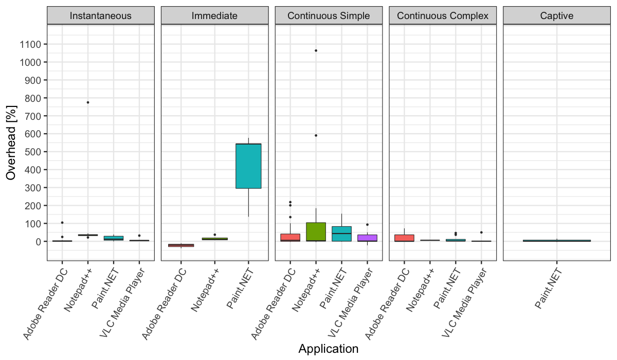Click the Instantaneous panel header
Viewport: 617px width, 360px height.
pyautogui.click(x=100, y=15)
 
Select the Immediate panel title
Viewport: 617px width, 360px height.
pyautogui.click(x=214, y=15)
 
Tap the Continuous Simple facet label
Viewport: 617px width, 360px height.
pyautogui.click(x=329, y=15)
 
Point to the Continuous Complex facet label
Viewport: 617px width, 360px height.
pyautogui.click(x=443, y=15)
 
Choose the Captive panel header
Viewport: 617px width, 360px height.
pyautogui.click(x=557, y=15)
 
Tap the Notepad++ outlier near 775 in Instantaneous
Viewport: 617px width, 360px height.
pyautogui.click(x=88, y=102)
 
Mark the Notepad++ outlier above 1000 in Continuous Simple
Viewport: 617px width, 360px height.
pyautogui.click(x=316, y=50)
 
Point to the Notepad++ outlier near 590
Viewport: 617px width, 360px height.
pyautogui.click(x=316, y=135)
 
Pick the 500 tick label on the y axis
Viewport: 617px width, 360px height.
pyautogui.click(x=34, y=152)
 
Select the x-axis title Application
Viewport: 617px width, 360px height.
pyautogui.click(x=328, y=349)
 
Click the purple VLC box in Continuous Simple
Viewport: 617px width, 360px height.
pyautogui.click(x=367, y=238)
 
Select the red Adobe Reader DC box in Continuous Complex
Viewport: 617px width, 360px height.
pyautogui.click(x=405, y=238)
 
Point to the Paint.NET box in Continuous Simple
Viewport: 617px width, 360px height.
pyautogui.click(x=341, y=234)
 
